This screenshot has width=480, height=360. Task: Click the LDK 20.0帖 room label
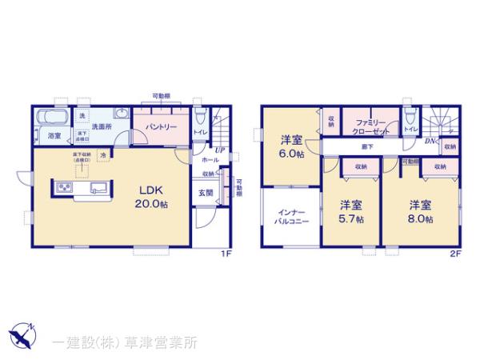[x=152, y=197]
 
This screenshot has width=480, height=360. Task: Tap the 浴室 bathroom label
[x=54, y=137]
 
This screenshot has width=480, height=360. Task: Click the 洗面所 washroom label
[x=99, y=126]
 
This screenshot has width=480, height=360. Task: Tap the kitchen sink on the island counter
[x=98, y=188]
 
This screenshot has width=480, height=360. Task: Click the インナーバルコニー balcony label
[x=290, y=217]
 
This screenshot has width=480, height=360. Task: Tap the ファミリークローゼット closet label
[x=371, y=126]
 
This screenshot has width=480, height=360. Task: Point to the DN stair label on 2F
[x=430, y=142]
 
